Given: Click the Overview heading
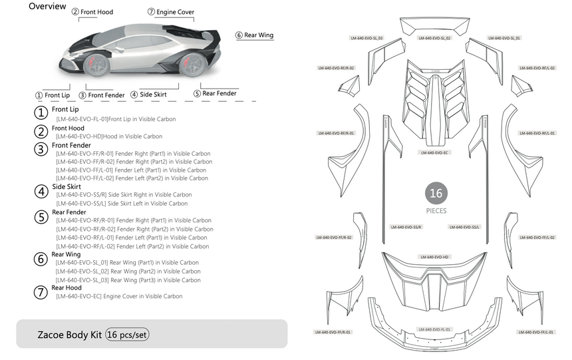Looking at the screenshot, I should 47,7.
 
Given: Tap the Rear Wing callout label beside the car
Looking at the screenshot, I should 255,35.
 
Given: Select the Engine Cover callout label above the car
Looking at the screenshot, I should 172,12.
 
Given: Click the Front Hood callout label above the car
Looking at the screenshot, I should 92,12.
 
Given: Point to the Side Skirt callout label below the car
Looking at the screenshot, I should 148,94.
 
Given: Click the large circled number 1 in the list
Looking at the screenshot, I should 41,112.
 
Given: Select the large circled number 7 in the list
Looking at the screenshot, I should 41,291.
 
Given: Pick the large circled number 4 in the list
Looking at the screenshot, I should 41,190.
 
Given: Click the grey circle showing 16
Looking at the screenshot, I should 436,194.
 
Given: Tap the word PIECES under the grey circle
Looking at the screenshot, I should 436,210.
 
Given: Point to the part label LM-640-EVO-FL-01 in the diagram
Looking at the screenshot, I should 434,329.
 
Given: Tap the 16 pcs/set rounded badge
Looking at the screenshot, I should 127,335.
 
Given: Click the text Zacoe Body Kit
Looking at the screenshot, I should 69,335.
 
